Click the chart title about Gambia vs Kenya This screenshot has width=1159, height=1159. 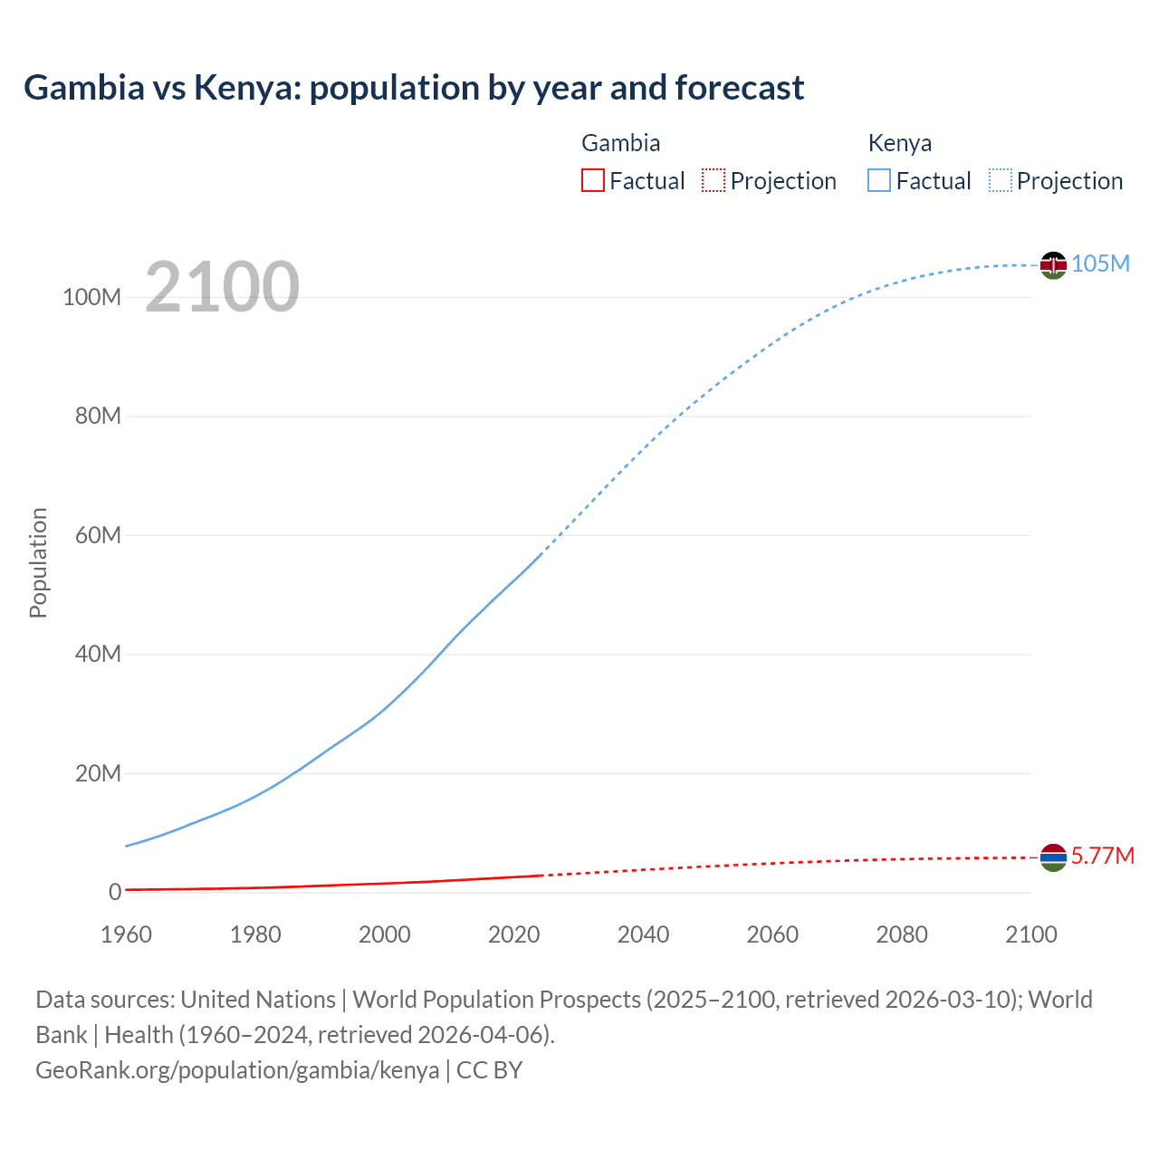point(414,88)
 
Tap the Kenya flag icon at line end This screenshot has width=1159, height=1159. point(1053,264)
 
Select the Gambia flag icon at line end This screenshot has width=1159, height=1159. point(1053,857)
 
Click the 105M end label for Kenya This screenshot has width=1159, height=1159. point(1100,263)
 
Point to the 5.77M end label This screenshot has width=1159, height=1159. point(1102,856)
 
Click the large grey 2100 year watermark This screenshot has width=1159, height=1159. point(222,287)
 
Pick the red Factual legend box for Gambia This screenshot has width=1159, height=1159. point(592,180)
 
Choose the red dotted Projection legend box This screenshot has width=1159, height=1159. point(714,180)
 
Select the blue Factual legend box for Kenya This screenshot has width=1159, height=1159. point(878,180)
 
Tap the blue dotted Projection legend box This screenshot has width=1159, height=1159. point(1001,180)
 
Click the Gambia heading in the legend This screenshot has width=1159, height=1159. point(620,143)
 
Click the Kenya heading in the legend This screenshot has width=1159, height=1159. point(899,143)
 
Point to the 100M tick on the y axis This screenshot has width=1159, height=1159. point(91,297)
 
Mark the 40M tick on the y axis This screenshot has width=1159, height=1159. point(98,654)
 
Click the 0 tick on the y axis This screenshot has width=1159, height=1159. point(115,892)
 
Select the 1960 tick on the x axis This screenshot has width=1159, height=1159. point(126,934)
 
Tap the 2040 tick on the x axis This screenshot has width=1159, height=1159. point(643,934)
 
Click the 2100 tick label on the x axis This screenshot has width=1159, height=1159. point(1030,934)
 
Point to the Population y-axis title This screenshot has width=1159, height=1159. point(38,562)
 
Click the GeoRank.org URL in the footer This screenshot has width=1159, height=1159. point(237,1070)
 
